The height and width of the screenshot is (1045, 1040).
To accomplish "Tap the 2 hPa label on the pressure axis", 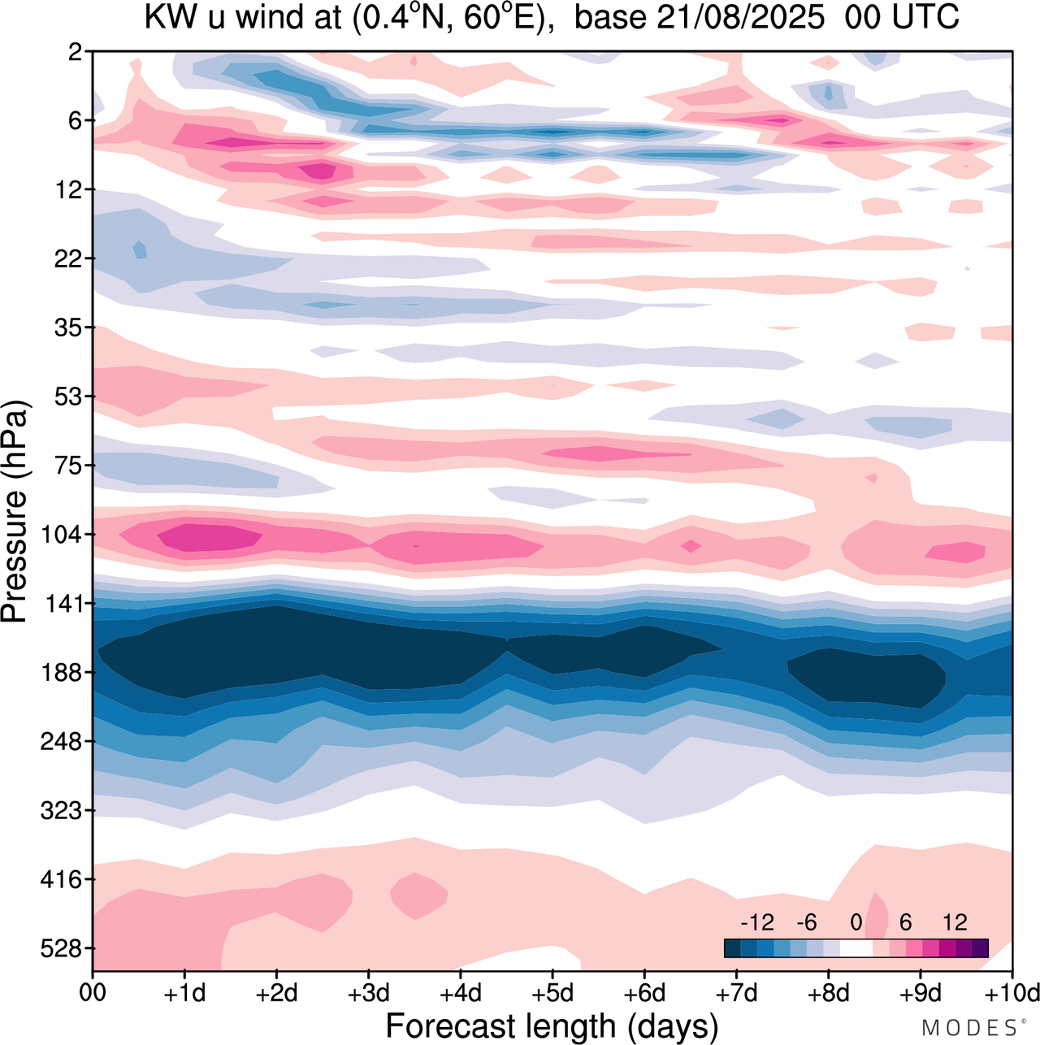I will click(76, 52).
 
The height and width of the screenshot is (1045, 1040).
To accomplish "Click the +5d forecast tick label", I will click(552, 993).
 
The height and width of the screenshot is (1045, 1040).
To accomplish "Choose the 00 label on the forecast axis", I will click(93, 993).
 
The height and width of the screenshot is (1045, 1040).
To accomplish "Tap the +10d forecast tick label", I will click(1012, 993).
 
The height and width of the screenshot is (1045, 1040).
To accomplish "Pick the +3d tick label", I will click(368, 993).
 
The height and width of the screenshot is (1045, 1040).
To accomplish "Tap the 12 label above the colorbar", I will click(955, 922).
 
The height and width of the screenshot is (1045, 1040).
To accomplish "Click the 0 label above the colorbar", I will click(856, 922).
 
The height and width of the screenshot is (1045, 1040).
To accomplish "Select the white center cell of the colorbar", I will click(856, 947).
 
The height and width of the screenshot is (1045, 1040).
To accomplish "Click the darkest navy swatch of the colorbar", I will click(732, 947).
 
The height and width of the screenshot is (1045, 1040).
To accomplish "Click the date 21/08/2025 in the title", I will click(740, 17).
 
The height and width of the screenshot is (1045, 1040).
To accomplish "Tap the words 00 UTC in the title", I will click(902, 17).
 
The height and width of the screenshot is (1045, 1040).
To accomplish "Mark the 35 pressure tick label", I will click(68, 327).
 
